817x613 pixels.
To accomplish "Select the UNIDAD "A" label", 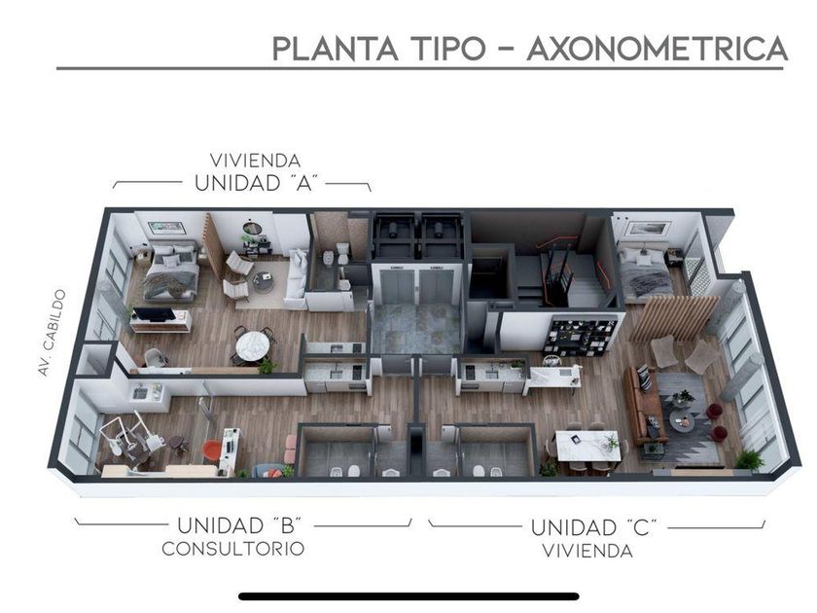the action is tap(258, 182).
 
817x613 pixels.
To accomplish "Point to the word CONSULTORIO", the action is tap(233, 549).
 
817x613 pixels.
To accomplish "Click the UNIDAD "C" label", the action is tap(594, 527).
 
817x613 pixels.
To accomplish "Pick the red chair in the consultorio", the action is tap(212, 451).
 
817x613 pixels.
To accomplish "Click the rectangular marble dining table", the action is tap(586, 444).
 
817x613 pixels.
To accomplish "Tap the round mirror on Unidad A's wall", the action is tap(251, 230).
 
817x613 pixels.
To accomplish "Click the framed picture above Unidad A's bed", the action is tap(166, 228).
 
